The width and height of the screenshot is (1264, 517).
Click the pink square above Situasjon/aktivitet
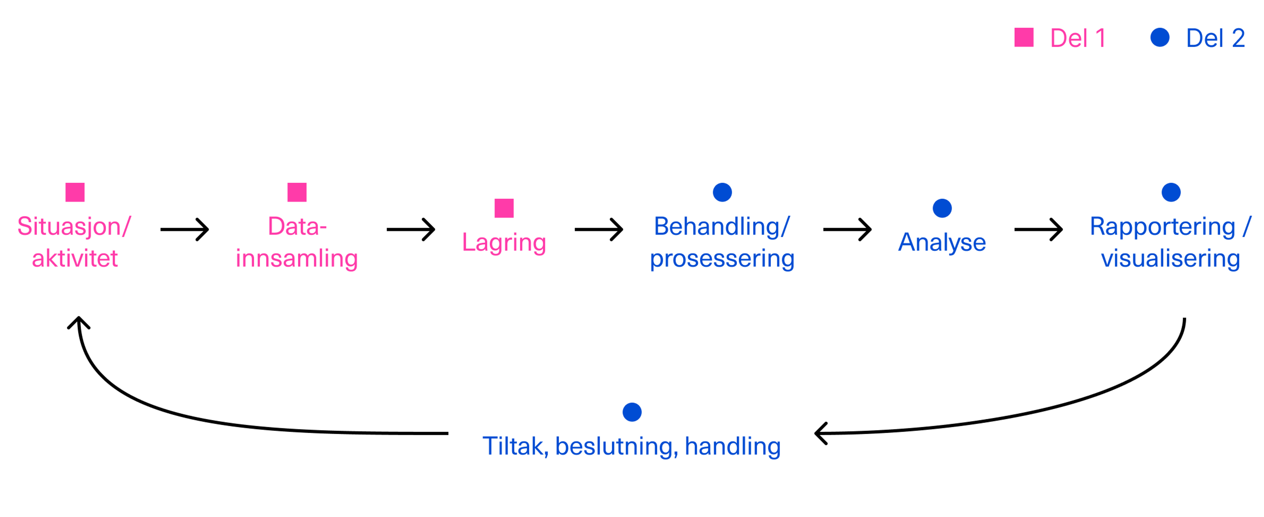pos(75,192)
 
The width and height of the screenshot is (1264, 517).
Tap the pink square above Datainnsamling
pos(297,192)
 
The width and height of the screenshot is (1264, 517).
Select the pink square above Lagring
pos(504,208)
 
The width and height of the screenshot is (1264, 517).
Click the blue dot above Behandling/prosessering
pos(722,192)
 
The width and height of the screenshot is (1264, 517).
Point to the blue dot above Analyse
pos(942,208)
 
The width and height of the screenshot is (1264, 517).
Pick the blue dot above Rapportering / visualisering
pos(1171,192)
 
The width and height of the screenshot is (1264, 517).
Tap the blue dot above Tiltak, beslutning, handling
pos(632,412)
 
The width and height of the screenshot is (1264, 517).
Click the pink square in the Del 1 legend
pos(1024,37)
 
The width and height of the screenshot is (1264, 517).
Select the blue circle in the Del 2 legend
pos(1160,37)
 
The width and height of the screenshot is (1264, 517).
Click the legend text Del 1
pos(1078,38)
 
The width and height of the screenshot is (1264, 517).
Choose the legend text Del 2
pos(1215,38)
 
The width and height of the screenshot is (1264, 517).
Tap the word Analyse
pos(942,242)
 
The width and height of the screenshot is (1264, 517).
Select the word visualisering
pos(1171,259)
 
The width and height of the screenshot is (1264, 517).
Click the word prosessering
pos(722,259)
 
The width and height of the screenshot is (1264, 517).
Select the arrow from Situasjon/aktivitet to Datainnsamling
pos(184,230)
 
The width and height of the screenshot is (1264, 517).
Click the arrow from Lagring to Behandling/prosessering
pos(599,230)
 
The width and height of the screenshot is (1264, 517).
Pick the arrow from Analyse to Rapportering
pos(1038,230)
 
